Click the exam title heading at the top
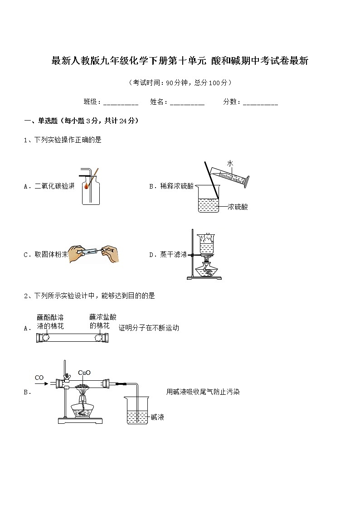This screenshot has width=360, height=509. tap(180, 61)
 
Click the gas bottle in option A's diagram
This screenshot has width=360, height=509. tap(91, 190)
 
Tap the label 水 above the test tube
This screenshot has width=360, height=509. tap(230, 163)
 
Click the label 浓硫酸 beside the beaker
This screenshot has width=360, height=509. tap(238, 207)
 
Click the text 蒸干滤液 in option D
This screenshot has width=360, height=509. tap(173, 255)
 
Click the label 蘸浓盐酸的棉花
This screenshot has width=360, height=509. tap(103, 321)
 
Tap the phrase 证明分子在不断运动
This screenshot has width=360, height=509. tap(149, 328)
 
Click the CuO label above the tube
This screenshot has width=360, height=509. tap(84, 373)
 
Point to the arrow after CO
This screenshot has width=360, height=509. tap(42, 384)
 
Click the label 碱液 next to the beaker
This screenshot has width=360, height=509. tap(157, 417)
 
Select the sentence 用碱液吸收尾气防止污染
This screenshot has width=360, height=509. tap(203, 392)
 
